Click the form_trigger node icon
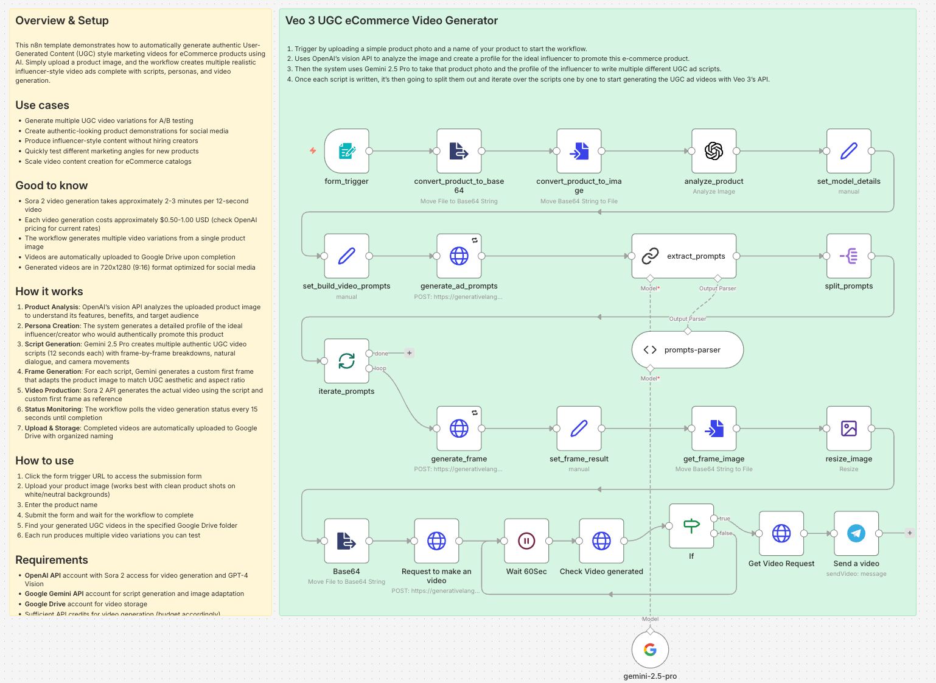[x=346, y=151]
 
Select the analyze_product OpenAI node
[x=714, y=151]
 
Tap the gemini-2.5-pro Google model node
[x=650, y=650]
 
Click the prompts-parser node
[x=687, y=350]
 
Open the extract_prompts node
[x=683, y=256]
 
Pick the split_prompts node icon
[x=848, y=256]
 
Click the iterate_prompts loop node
[x=346, y=361]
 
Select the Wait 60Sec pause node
[x=526, y=541]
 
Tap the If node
[x=691, y=526]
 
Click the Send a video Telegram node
[x=856, y=533]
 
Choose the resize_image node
[x=848, y=429]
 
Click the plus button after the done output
[x=410, y=353]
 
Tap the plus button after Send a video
[x=910, y=533]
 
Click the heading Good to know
[x=51, y=186]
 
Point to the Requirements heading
[x=52, y=560]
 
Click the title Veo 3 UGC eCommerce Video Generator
[x=391, y=21]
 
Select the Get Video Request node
[x=781, y=533]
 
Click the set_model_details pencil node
[x=848, y=151]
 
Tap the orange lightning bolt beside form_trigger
[x=313, y=150]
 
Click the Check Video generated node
[x=601, y=541]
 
